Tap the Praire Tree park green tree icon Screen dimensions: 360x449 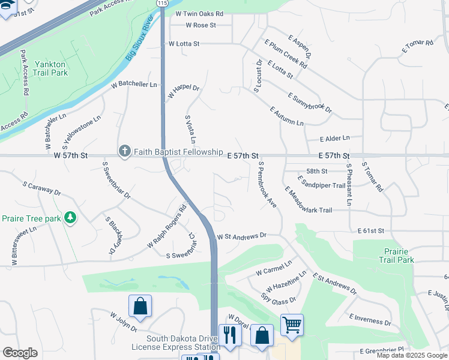(x=71, y=217)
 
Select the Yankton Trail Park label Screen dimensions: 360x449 (x=51, y=68)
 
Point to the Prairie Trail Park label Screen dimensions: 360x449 (x=396, y=256)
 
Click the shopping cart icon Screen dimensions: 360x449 (x=292, y=325)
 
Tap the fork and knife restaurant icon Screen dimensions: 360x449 (x=230, y=334)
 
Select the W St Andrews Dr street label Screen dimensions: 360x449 (x=241, y=236)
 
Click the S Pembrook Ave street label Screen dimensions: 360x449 (x=267, y=184)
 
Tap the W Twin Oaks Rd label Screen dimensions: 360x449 (x=199, y=13)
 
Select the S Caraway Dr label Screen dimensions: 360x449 (x=42, y=188)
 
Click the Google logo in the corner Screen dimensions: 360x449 (x=20, y=353)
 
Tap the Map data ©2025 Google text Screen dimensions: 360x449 (x=412, y=355)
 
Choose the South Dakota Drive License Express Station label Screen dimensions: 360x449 (x=175, y=343)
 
